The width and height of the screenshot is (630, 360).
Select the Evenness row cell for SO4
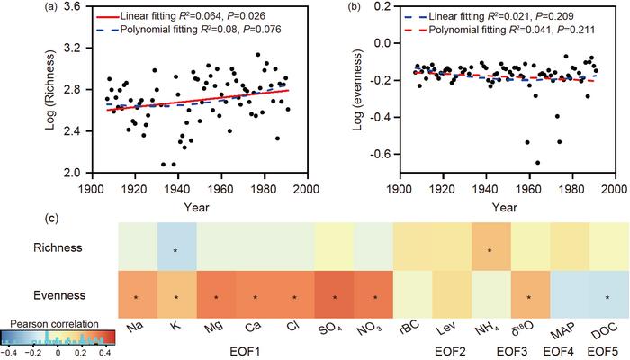[x=334, y=294]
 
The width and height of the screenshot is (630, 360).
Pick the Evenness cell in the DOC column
[x=607, y=294]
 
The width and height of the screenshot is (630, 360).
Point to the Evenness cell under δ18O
[x=528, y=294]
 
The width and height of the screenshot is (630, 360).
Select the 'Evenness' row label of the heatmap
[x=78, y=294]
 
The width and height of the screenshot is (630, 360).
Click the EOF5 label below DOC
[x=607, y=348]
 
